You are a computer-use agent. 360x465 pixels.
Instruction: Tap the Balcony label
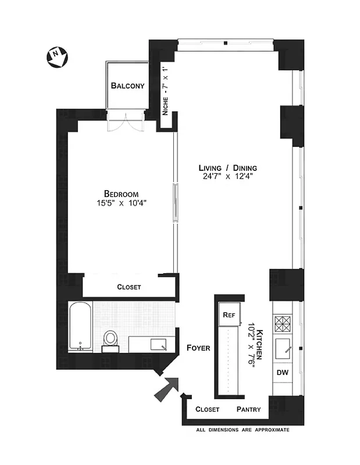(x=127, y=86)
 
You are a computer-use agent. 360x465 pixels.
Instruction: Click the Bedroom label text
(x=121, y=194)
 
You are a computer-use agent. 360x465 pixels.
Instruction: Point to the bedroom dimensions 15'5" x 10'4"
(x=121, y=203)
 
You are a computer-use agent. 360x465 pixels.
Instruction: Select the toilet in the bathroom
(x=110, y=338)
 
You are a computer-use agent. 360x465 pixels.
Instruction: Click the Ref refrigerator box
(x=228, y=314)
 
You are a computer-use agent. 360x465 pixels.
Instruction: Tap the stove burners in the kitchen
(x=283, y=323)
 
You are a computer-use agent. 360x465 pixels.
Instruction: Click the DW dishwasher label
(x=283, y=373)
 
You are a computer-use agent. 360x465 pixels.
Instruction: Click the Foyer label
(x=198, y=348)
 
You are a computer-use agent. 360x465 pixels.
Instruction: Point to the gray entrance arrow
(x=166, y=388)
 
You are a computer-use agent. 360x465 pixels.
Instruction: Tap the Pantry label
(x=248, y=409)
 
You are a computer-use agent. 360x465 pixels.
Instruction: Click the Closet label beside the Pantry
(x=208, y=409)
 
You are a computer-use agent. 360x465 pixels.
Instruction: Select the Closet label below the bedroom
(x=129, y=287)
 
